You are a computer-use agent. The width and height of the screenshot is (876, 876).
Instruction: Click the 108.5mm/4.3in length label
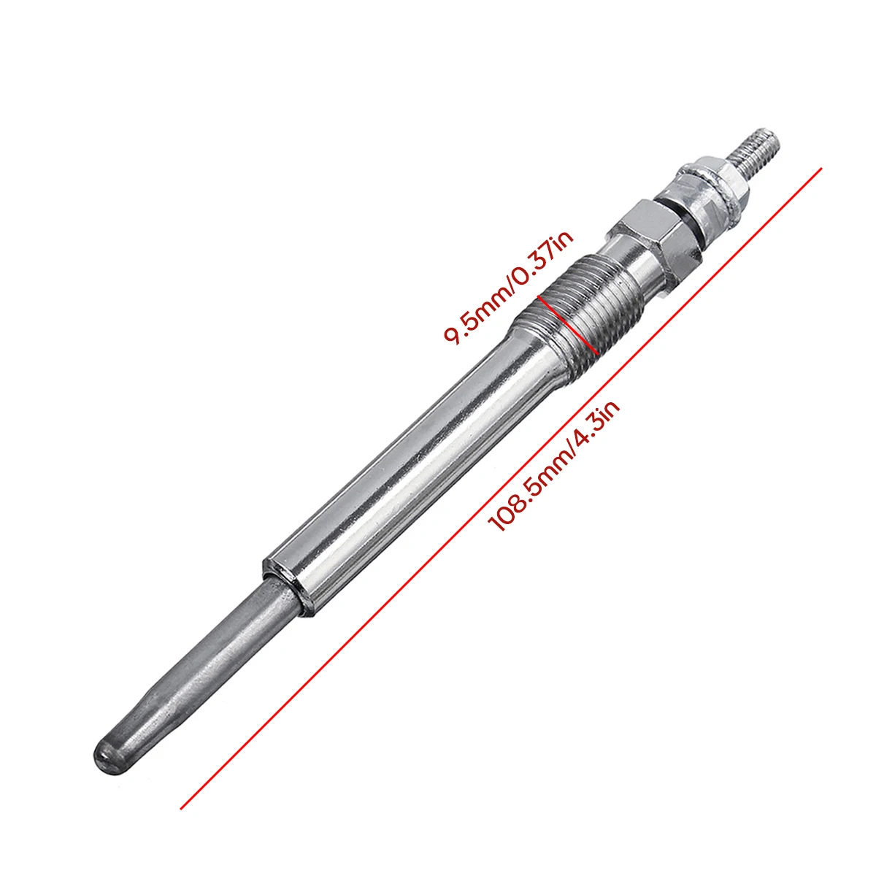click(x=554, y=466)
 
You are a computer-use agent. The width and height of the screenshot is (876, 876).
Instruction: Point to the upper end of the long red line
click(x=822, y=168)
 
